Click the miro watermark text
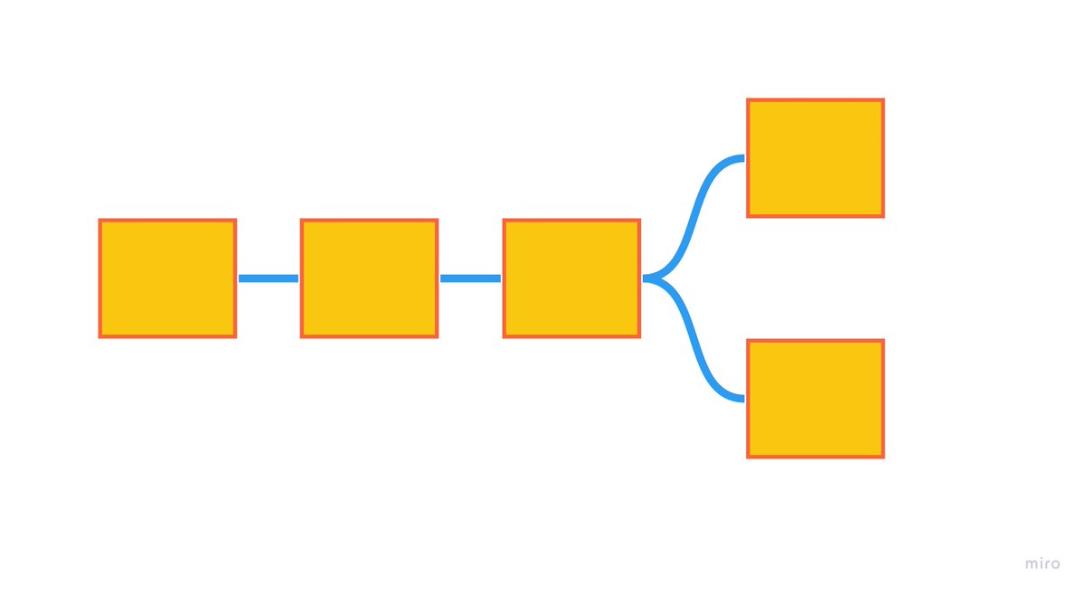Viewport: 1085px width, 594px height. (x=1043, y=563)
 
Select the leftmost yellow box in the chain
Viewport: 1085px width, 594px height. (x=167, y=278)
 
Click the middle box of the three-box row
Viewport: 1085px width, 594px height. (x=369, y=278)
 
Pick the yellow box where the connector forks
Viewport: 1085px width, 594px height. (x=571, y=278)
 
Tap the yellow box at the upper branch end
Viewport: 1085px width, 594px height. (x=815, y=158)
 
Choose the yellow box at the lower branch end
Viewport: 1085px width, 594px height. (x=815, y=399)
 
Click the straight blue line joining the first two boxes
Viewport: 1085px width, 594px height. (x=269, y=278)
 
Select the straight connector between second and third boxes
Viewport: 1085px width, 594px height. (x=470, y=278)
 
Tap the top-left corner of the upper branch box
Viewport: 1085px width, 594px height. (x=748, y=100)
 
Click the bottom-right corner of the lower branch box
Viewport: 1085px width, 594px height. (x=882, y=457)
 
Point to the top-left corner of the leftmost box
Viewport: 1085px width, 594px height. (x=100, y=221)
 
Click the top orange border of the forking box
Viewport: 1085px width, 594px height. (x=571, y=221)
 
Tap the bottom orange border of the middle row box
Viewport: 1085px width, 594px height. (x=369, y=336)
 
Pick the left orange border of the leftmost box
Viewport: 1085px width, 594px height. (x=100, y=278)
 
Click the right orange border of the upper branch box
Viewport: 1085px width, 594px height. (x=882, y=158)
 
